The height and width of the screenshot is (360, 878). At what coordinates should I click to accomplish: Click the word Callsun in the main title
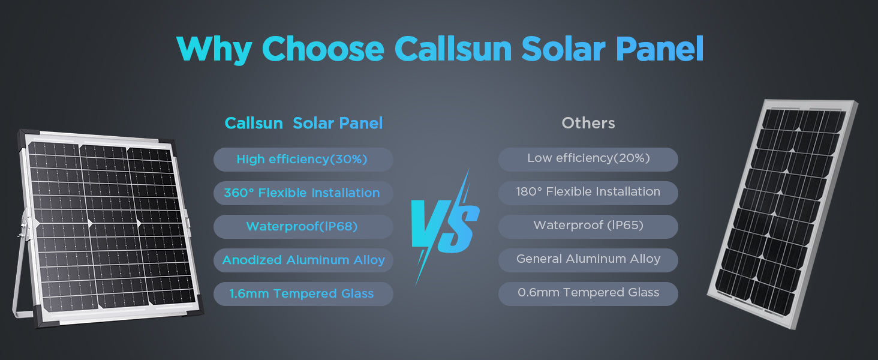point(453,49)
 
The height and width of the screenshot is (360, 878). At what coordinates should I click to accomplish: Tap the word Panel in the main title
point(660,49)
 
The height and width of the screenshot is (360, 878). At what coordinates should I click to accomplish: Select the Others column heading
point(588,123)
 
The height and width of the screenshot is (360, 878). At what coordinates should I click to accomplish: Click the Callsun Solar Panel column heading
point(303,123)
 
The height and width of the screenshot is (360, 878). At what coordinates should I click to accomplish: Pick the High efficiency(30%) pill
point(303,159)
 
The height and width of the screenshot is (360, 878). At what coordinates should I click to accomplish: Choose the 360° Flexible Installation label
point(302,193)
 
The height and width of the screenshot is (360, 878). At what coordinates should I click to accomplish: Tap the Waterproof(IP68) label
point(302,226)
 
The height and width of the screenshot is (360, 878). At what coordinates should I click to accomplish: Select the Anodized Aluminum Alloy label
point(303,260)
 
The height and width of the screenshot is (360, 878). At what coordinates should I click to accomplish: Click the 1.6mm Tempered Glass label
point(302,293)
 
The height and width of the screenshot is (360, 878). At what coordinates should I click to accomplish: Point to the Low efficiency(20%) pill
point(588,159)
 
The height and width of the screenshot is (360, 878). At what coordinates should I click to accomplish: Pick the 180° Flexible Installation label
point(588,192)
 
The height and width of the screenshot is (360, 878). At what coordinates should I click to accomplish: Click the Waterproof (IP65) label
point(588,225)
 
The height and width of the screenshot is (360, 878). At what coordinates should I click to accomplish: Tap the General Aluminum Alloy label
point(588,259)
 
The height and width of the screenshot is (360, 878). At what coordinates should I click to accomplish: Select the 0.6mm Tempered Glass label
point(588,292)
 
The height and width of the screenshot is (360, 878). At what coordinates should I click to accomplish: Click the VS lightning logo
point(445,227)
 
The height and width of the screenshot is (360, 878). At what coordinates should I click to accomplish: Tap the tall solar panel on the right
point(783,214)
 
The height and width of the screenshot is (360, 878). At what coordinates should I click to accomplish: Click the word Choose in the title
point(323,49)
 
